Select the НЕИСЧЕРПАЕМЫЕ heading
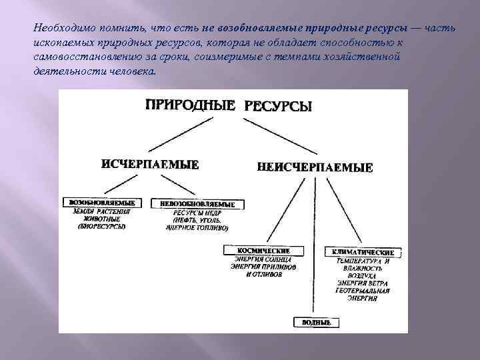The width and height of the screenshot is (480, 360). coord(315,167)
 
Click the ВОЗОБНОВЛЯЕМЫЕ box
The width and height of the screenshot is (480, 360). coord(102,202)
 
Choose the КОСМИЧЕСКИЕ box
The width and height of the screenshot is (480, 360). coord(264,250)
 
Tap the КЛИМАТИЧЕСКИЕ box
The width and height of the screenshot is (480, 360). coord(363,253)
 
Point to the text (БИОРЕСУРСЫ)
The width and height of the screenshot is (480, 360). coord(101,227)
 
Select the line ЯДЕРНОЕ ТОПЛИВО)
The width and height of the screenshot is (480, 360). coord(197,227)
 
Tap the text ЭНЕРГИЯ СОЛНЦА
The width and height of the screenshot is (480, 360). coord(264,259)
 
